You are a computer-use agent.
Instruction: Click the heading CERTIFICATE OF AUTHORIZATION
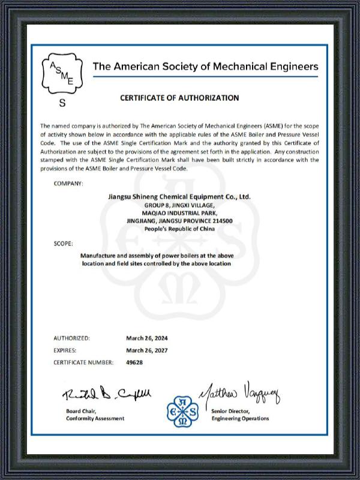click(179, 98)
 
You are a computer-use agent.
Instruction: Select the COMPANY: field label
click(68, 182)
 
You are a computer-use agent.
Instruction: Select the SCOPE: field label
click(63, 244)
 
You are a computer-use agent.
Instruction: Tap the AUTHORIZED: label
click(72, 338)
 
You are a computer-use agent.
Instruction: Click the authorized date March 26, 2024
click(147, 338)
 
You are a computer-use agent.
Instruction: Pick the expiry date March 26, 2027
click(147, 350)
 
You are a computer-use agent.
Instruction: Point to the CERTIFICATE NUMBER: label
click(83, 362)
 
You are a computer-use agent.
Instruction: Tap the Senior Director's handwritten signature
click(240, 392)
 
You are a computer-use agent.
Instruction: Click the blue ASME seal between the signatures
click(182, 410)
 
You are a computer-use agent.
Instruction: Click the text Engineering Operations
click(240, 418)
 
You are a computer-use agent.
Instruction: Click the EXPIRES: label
click(65, 350)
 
